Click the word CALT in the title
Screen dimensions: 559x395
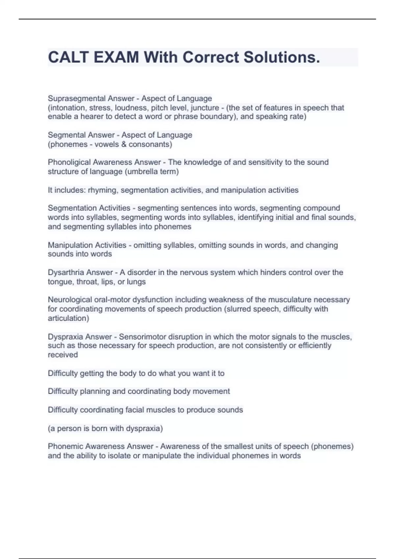click(68, 57)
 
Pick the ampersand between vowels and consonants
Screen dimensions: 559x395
click(124, 144)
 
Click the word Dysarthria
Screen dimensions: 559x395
click(66, 272)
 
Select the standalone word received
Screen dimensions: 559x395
click(63, 355)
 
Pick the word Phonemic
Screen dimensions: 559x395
click(64, 446)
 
